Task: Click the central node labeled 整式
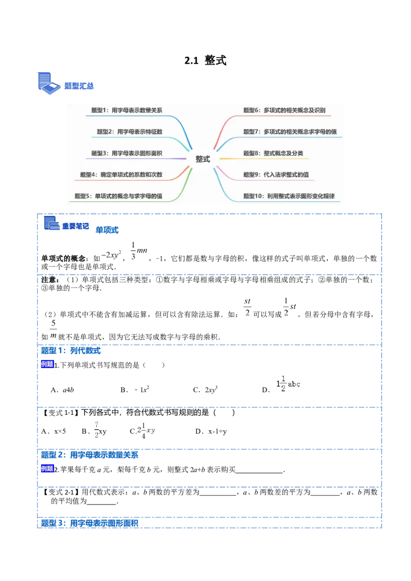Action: pyautogui.click(x=203, y=159)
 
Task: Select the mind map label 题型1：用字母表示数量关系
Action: pyautogui.click(x=126, y=110)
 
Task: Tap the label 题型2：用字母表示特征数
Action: pyautogui.click(x=129, y=131)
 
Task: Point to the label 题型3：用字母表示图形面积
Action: pyautogui.click(x=126, y=153)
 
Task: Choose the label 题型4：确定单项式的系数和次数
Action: pyautogui.click(x=121, y=175)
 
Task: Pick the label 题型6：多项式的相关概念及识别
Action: pyautogui.click(x=284, y=110)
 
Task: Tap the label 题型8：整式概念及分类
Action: pyautogui.click(x=276, y=153)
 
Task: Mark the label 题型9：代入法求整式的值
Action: pyautogui.click(x=276, y=175)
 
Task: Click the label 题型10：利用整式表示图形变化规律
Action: pyautogui.click(x=289, y=196)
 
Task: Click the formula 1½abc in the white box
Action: pyautogui.click(x=288, y=384)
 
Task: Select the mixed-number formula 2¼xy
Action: pyautogui.click(x=145, y=429)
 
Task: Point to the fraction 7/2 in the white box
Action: pyautogui.click(x=96, y=429)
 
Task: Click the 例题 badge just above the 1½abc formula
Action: pyautogui.click(x=47, y=364)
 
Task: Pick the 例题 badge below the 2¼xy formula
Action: pyautogui.click(x=47, y=469)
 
